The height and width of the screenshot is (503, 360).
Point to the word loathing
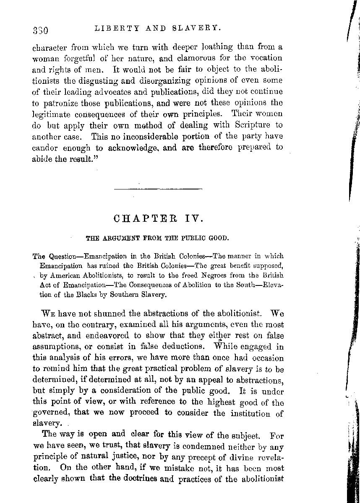[x=199, y=47]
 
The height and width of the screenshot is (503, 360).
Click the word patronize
[x=68, y=103]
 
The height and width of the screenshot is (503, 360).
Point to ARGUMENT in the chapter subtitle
[x=119, y=238]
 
